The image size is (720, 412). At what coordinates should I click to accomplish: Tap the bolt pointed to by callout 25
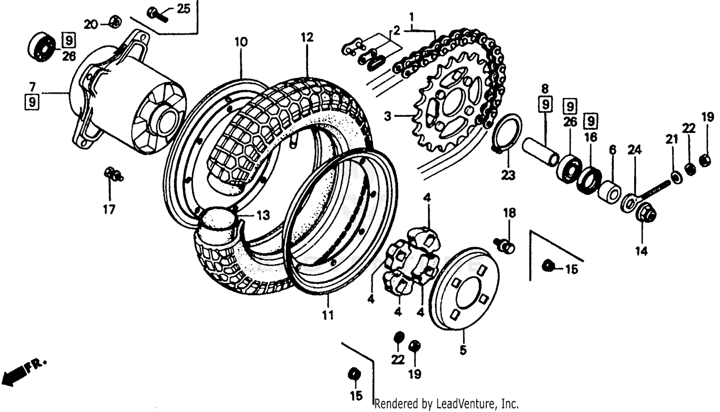[156, 14]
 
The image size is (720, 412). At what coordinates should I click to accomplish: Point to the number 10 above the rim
[241, 42]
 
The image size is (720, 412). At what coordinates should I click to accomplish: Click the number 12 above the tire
[307, 37]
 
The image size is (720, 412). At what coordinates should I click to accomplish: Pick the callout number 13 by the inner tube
[263, 215]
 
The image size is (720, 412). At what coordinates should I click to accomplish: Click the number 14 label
[642, 251]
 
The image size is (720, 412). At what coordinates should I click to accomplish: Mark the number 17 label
[109, 209]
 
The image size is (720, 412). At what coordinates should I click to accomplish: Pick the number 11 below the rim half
[327, 315]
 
